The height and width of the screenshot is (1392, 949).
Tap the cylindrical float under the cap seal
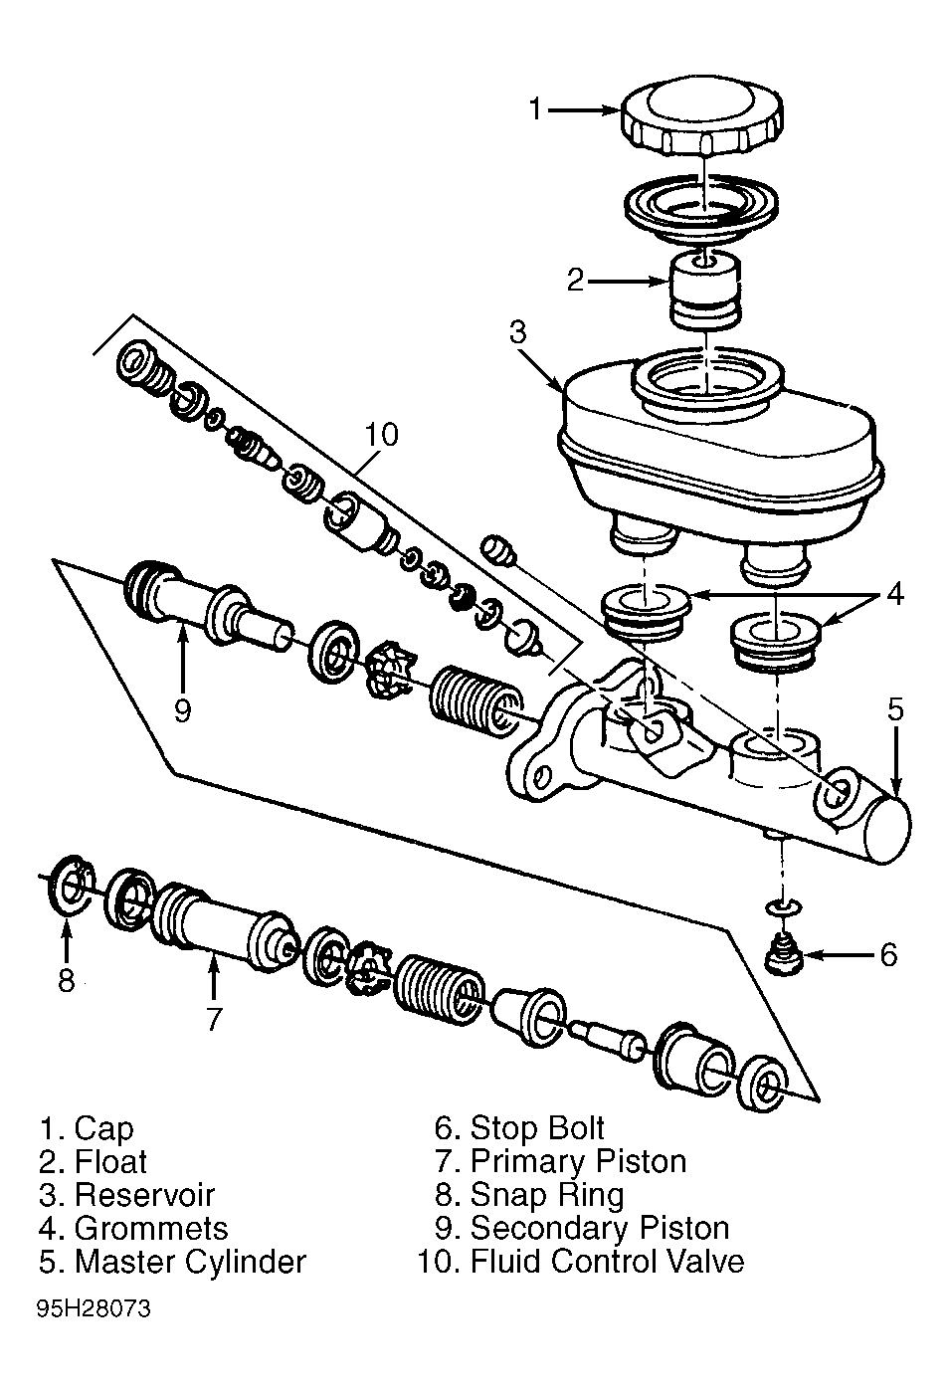click(x=704, y=291)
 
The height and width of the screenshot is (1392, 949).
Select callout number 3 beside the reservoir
click(x=517, y=332)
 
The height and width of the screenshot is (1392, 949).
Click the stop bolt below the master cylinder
click(x=784, y=962)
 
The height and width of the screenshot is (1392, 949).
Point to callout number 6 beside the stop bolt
click(x=888, y=955)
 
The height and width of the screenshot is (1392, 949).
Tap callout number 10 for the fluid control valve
click(x=381, y=435)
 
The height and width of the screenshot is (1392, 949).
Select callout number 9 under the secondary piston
click(x=182, y=710)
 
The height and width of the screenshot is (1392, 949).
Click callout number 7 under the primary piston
click(x=214, y=1019)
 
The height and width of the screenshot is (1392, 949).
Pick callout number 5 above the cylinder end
click(x=895, y=709)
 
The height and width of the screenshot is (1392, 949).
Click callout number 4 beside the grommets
click(x=895, y=595)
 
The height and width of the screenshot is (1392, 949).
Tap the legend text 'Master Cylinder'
click(x=190, y=1262)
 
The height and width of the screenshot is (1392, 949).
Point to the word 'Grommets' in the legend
click(x=151, y=1229)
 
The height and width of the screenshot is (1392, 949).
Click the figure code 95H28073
click(x=94, y=1309)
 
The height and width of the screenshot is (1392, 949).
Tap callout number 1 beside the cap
click(x=536, y=109)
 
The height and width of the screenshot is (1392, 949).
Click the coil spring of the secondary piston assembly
click(x=476, y=703)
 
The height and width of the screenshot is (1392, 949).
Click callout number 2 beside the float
click(x=576, y=281)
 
